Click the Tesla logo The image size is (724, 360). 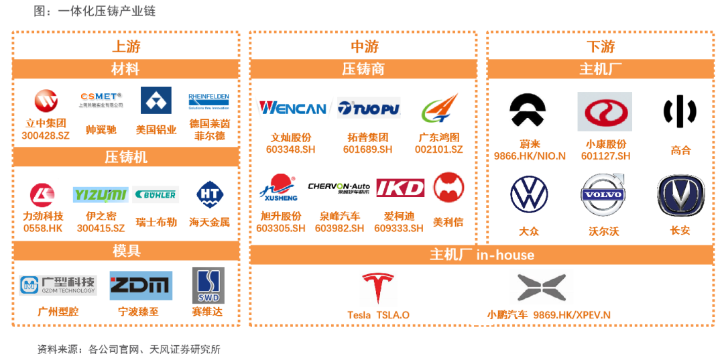coord(378,289)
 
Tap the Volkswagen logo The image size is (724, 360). coord(530,194)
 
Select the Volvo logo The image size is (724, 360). coord(604,194)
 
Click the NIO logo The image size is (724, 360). coord(527,112)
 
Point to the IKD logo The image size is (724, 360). coord(400,188)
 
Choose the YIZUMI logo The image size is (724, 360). coord(101,195)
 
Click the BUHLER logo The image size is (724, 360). coord(156,195)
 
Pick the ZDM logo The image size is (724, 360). coord(141,286)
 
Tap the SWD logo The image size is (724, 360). coord(208,286)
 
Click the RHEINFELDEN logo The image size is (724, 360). coord(208,101)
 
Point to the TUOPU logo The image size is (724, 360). coord(369,108)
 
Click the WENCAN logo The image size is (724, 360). coord(292,108)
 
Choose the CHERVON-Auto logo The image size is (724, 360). coord(339,188)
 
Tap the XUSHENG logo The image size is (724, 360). coord(280,188)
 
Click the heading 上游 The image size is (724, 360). coord(126,46)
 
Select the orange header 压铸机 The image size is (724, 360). coord(126,157)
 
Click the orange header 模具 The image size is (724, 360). coord(126,251)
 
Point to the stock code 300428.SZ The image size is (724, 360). coord(45,135)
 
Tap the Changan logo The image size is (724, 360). coord(680,194)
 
